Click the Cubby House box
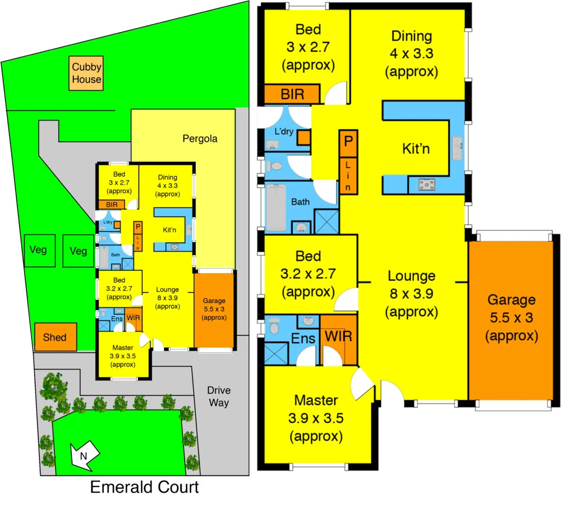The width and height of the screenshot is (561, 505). tap(86, 73)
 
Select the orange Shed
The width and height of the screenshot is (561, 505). tap(54, 337)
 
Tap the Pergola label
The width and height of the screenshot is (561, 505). tap(200, 139)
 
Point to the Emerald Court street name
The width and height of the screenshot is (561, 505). tap(144, 487)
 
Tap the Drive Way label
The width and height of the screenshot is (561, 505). tap(218, 396)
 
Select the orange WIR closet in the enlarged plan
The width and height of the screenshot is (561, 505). tap(339, 339)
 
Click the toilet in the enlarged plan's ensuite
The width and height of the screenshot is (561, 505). tap(274, 325)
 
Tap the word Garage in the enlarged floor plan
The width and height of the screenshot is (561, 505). tap(511, 300)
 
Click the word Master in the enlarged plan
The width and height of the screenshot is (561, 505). tap(316, 401)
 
